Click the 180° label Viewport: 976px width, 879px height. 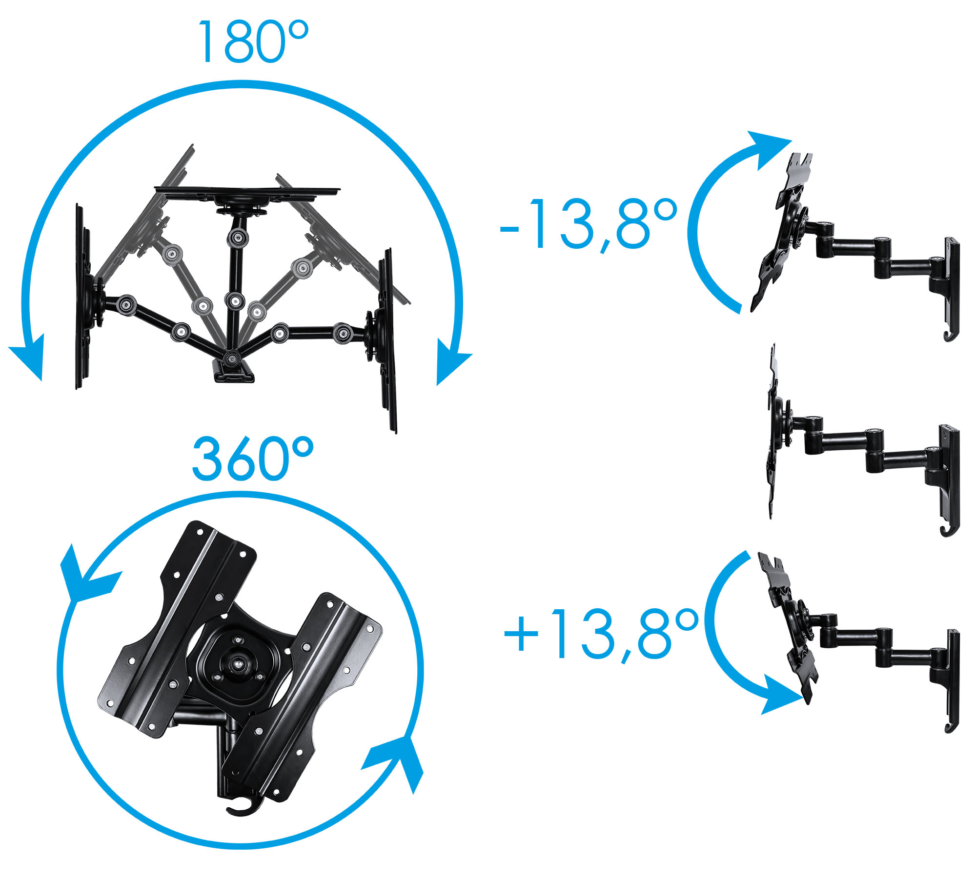tap(253, 42)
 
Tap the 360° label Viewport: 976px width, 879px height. tap(252, 459)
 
